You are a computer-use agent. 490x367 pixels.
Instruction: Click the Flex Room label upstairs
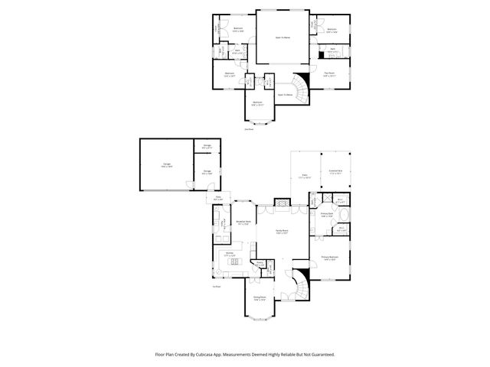pos(329,75)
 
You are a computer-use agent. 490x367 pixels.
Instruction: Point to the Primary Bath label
pos(326,216)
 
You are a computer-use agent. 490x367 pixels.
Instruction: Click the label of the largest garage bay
pos(166,165)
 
